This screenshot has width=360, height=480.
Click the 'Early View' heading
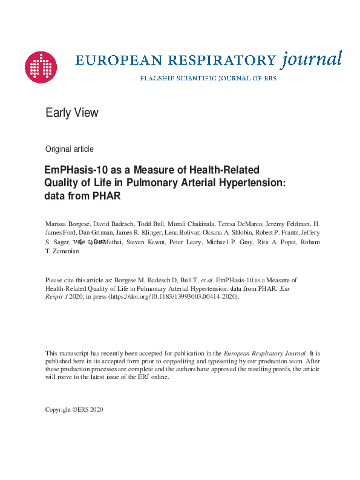coord(72,112)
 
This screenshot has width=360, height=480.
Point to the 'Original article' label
coord(70,149)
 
